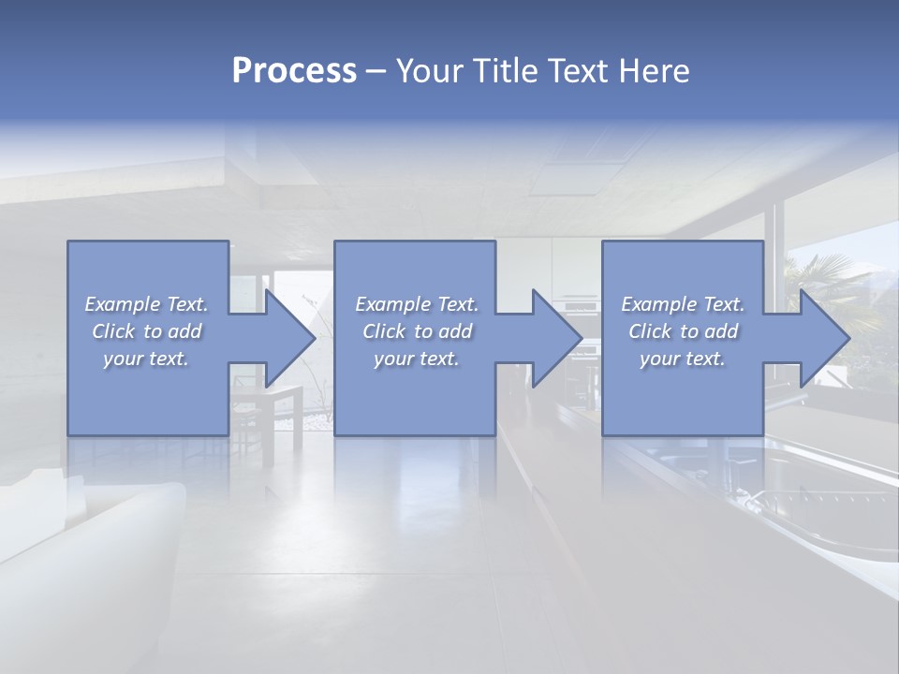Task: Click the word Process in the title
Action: [x=294, y=71]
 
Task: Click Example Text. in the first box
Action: [x=147, y=304]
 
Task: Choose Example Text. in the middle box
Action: [x=416, y=304]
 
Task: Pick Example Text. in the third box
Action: [x=683, y=304]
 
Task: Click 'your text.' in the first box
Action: [x=147, y=359]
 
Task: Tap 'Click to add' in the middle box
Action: [x=416, y=331]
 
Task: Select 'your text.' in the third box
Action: [x=683, y=359]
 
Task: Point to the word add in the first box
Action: [x=185, y=331]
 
